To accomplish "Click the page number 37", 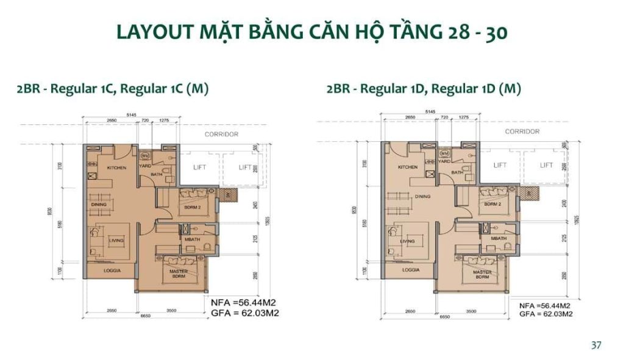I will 596,345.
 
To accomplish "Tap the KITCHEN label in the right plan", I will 407,167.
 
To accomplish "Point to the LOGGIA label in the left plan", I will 111,269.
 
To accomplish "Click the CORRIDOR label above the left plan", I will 221,134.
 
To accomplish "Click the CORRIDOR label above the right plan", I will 522,132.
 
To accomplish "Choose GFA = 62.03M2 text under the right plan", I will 546,314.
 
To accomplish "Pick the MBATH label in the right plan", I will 498,238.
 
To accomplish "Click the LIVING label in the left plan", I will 116,241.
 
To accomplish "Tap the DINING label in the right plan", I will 422,197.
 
